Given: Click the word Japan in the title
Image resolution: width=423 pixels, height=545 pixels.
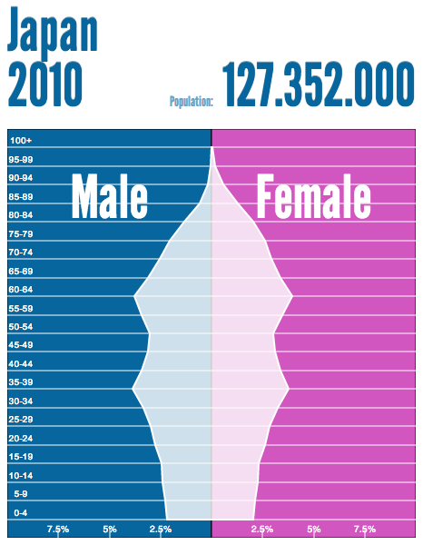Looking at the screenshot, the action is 53,31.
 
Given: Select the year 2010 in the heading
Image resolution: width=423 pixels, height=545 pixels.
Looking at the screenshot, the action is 45,84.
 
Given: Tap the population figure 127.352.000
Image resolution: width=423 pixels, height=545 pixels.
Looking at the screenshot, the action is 318,84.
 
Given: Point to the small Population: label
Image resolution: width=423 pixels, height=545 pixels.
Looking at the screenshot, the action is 192,101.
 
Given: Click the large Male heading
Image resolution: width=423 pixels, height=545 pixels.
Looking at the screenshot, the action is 110,196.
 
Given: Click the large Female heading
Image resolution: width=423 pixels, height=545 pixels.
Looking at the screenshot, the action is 313,196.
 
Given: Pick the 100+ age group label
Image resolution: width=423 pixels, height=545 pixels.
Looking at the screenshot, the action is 21,141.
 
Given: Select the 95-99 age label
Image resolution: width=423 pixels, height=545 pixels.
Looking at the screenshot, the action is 21,160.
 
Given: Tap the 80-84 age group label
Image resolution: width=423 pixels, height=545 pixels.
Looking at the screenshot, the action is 21,214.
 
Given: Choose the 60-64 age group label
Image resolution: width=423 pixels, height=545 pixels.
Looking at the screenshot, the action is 21,289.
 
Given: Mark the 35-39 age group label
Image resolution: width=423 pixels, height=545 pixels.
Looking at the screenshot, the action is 21,382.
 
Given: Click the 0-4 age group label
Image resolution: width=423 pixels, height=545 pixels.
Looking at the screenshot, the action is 21,512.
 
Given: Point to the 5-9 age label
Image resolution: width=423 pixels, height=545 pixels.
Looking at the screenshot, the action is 21,493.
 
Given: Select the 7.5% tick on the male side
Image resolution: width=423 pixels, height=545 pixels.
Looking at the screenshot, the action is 58,529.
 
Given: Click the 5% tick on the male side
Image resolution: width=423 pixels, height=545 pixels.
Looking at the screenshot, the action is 110,529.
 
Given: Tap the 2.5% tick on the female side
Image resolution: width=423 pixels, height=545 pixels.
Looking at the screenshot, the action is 262,529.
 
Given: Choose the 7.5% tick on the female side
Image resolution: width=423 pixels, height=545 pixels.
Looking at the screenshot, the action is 365,529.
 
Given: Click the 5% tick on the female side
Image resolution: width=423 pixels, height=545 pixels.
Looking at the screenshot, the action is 314,529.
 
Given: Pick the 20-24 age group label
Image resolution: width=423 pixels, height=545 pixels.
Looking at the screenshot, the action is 21,438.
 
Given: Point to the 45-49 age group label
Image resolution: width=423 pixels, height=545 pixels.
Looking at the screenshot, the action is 21,345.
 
